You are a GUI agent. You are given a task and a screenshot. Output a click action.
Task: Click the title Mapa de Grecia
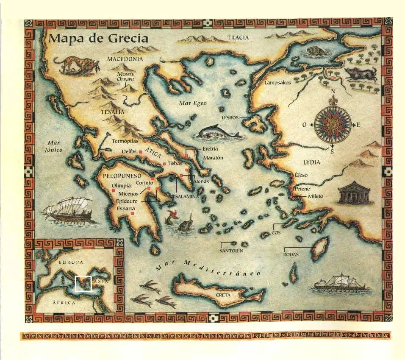[x=98, y=39]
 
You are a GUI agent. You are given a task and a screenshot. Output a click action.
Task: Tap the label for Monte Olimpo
[x=125, y=77]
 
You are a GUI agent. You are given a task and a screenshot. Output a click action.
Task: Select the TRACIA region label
[x=238, y=38]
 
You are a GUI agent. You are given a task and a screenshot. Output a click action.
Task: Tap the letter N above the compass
[x=333, y=91]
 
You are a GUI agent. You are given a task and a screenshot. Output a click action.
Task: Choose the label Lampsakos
[x=277, y=83]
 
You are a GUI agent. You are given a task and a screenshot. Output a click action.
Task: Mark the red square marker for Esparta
[x=133, y=214]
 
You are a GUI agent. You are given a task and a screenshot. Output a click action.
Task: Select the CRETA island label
[x=223, y=295]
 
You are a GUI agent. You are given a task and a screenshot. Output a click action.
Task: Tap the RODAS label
[x=291, y=254]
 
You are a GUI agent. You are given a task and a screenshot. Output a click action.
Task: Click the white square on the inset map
[x=83, y=284]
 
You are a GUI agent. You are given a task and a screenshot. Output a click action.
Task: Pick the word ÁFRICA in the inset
[x=64, y=303]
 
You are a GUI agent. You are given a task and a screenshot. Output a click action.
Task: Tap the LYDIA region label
[x=311, y=162]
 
